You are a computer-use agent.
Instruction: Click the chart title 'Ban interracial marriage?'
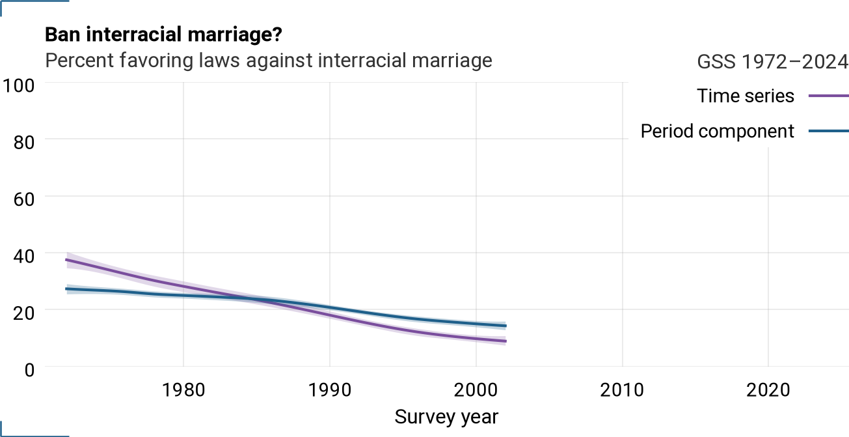pos(163,35)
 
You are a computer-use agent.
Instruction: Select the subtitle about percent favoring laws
pos(268,61)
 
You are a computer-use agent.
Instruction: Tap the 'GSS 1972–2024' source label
pos(772,61)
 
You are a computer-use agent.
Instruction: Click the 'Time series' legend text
pos(745,96)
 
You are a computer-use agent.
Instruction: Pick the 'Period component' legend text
pos(717,132)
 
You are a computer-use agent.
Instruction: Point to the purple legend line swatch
pos(829,96)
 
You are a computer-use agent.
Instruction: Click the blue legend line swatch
pos(829,132)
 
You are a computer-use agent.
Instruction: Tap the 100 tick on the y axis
pos(18,86)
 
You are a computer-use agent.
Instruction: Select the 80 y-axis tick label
pos(24,143)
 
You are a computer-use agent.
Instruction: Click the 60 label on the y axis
pos(24,199)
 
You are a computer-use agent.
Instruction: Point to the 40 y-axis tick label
pos(24,257)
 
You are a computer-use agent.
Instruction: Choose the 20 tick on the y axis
pos(24,313)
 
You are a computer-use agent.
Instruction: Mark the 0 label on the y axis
pos(29,370)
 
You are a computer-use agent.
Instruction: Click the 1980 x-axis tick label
pos(183,390)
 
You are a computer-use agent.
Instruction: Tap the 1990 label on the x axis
pos(330,390)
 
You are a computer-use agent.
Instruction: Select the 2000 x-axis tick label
pos(476,390)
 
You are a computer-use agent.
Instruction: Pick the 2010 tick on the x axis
pos(622,390)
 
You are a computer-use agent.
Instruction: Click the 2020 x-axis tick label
pos(768,390)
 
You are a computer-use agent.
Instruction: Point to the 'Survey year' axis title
pos(446,417)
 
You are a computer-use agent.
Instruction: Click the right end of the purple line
pos(505,341)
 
